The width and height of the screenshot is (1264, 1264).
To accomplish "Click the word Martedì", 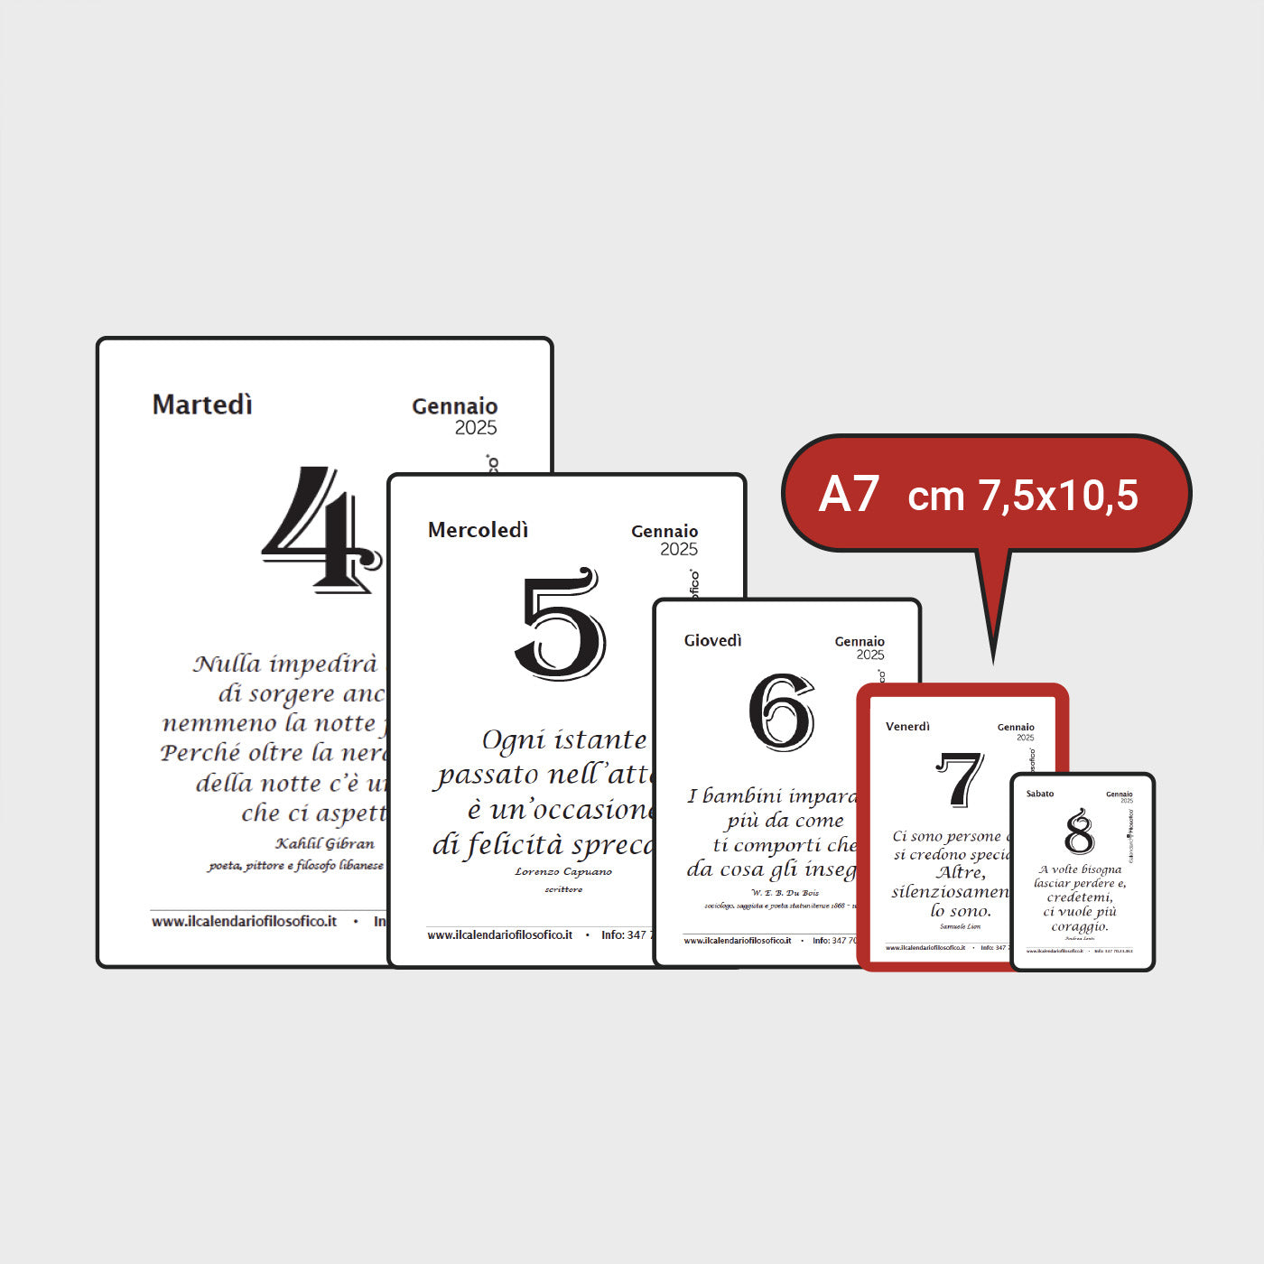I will coord(202,404).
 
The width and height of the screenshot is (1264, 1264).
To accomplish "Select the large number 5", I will coord(560,625).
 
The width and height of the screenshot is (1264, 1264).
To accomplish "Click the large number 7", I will coord(959,779).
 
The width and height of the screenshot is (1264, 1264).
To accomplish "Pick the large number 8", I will coord(1079,832).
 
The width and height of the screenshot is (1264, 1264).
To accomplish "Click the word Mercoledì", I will coord(478,530).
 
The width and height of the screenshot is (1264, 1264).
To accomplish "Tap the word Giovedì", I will coord(712,640).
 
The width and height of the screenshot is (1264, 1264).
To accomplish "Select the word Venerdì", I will coord(907,726).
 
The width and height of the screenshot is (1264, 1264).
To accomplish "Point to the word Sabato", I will coord(1040,794).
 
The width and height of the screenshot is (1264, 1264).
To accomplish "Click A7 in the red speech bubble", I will coord(849,495).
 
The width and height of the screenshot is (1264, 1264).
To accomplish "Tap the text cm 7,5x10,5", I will coord(1023,496).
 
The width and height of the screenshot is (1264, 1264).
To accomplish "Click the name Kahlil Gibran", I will coord(324,843).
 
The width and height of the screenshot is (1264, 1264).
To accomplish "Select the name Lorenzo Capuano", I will coord(563,871).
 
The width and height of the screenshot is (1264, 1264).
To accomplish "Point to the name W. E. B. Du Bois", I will coord(785,892).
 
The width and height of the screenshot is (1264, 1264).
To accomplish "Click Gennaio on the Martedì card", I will coord(455,406).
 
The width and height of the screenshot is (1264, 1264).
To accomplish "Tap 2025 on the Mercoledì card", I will coord(679,549).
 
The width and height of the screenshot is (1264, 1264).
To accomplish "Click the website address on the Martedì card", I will coord(244,921).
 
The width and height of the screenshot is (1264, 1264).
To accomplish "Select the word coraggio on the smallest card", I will coord(1079,926).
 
